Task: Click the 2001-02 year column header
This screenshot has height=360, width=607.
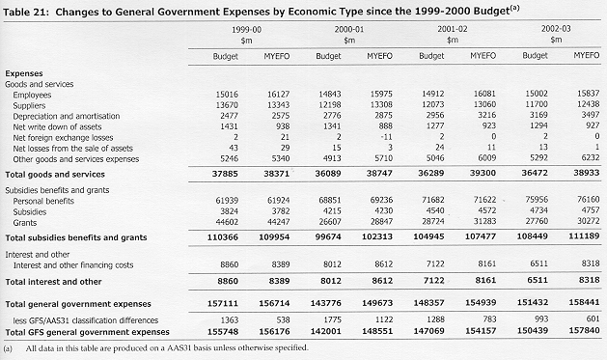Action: point(453,29)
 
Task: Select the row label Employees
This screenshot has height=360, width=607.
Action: point(32,95)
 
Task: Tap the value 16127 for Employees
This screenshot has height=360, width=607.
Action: point(278,94)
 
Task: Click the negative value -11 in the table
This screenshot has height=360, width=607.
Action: point(386,137)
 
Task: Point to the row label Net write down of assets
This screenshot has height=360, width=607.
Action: point(57,127)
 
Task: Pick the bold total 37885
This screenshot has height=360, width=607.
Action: point(225,174)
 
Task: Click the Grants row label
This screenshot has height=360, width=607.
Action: point(25,223)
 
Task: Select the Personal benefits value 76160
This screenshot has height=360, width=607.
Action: point(588,200)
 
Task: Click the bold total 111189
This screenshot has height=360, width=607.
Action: point(584,235)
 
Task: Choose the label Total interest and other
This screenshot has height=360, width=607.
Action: point(53,282)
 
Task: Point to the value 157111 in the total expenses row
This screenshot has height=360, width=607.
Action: point(223,303)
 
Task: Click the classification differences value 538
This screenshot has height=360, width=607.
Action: point(283,319)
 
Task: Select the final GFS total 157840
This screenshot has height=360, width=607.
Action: point(584,331)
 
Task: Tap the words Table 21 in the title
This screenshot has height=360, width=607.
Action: point(26,12)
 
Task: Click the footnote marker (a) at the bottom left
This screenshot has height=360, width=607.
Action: point(8,348)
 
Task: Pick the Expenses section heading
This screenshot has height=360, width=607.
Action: point(24,73)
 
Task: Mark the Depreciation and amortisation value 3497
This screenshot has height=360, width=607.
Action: point(591,115)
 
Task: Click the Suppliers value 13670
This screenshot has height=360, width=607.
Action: point(227,105)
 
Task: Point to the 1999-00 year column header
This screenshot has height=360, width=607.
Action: point(246,29)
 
